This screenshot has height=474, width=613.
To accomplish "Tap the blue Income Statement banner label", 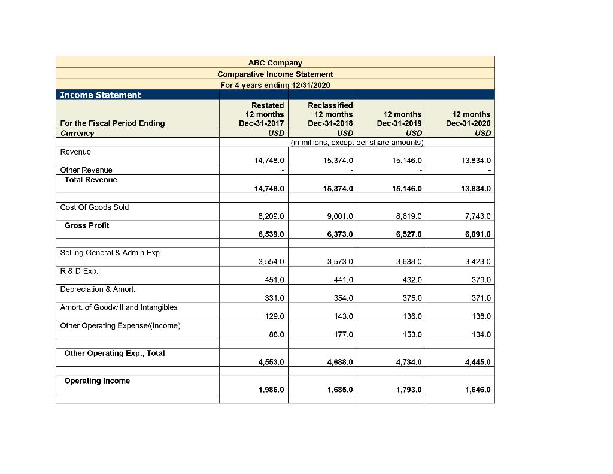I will (100, 95).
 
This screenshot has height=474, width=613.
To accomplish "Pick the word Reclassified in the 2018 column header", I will (330, 105).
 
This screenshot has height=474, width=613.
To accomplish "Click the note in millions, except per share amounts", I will (356, 143).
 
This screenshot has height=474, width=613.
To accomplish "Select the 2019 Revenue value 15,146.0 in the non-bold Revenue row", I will (406, 161).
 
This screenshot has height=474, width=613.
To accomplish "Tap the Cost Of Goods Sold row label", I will (95, 207).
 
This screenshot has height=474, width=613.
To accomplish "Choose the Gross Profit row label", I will (87, 225).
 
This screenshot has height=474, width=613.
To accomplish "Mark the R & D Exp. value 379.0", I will (481, 280).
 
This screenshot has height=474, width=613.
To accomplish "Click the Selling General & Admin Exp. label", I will (111, 253).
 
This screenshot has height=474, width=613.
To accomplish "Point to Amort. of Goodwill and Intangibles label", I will (119, 307).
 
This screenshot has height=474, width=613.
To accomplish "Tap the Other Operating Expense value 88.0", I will (276, 334).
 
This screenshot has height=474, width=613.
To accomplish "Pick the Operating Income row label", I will (97, 381).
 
